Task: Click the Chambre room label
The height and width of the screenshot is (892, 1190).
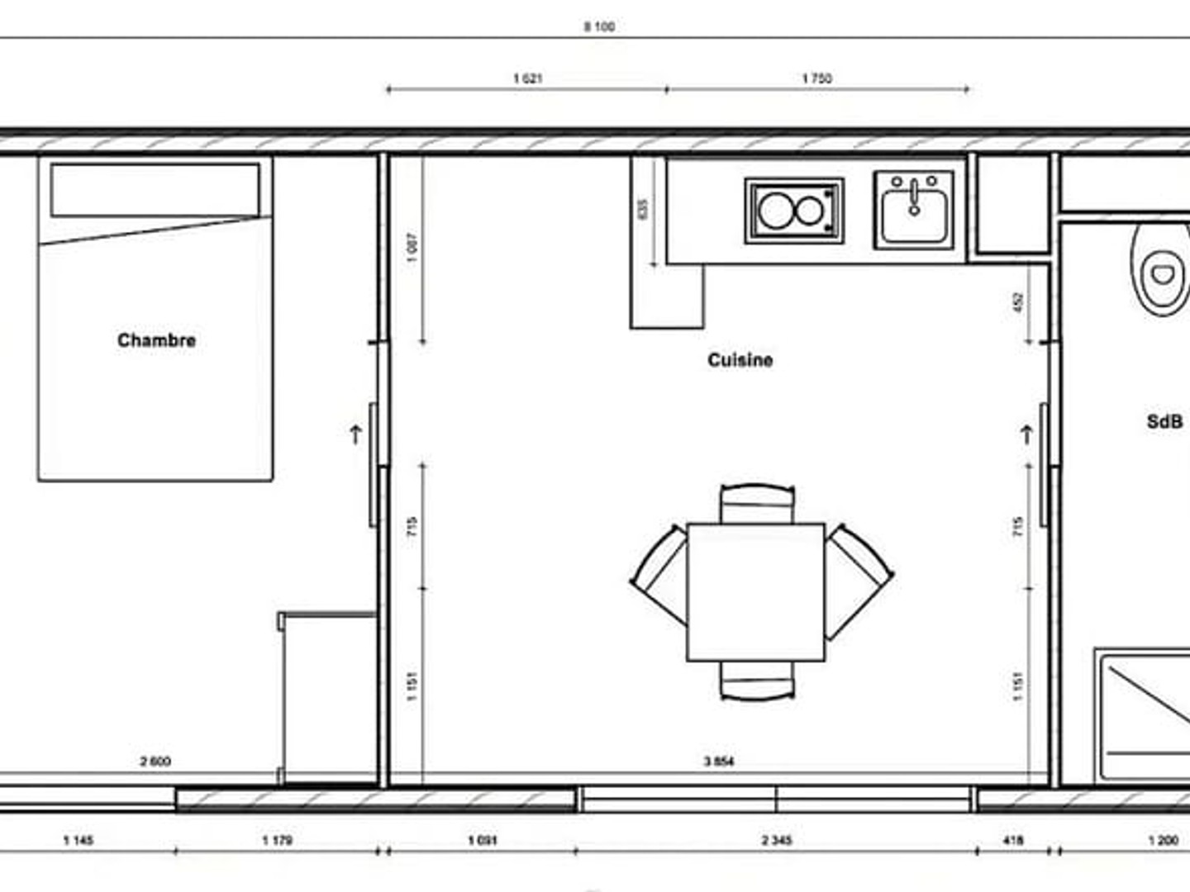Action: [x=156, y=340]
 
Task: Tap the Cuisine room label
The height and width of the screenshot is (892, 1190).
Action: [x=740, y=360]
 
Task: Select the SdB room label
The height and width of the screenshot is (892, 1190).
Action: [x=1164, y=422]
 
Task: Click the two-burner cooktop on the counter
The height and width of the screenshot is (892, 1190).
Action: [x=794, y=211]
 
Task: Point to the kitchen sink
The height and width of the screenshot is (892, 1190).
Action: [x=914, y=210]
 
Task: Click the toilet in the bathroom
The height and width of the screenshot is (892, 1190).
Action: [x=1161, y=269]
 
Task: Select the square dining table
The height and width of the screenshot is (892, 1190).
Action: [x=755, y=592]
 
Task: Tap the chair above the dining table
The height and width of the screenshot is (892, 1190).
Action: [x=757, y=503]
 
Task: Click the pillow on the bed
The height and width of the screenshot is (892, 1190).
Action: [x=155, y=190]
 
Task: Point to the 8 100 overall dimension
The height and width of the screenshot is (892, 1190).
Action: [x=599, y=26]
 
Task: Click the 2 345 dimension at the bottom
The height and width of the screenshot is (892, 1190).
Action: [x=776, y=841]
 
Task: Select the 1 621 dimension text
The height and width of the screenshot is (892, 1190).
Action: [x=528, y=78]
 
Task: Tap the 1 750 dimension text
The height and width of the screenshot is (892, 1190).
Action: [x=816, y=78]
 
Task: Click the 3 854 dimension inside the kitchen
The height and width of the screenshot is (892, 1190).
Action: [x=718, y=762]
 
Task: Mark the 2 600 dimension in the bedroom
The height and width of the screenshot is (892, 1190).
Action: [x=155, y=762]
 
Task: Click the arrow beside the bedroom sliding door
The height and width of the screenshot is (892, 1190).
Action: [x=355, y=434]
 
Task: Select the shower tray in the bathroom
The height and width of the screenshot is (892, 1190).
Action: [x=1145, y=714]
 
